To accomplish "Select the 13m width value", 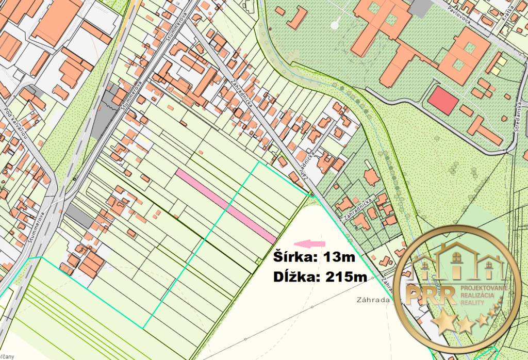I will [339, 256].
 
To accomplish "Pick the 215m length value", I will [346, 277].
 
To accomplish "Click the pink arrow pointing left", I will [309, 243].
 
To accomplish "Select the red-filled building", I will [442, 101].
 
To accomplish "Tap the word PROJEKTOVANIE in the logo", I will [484, 287].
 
